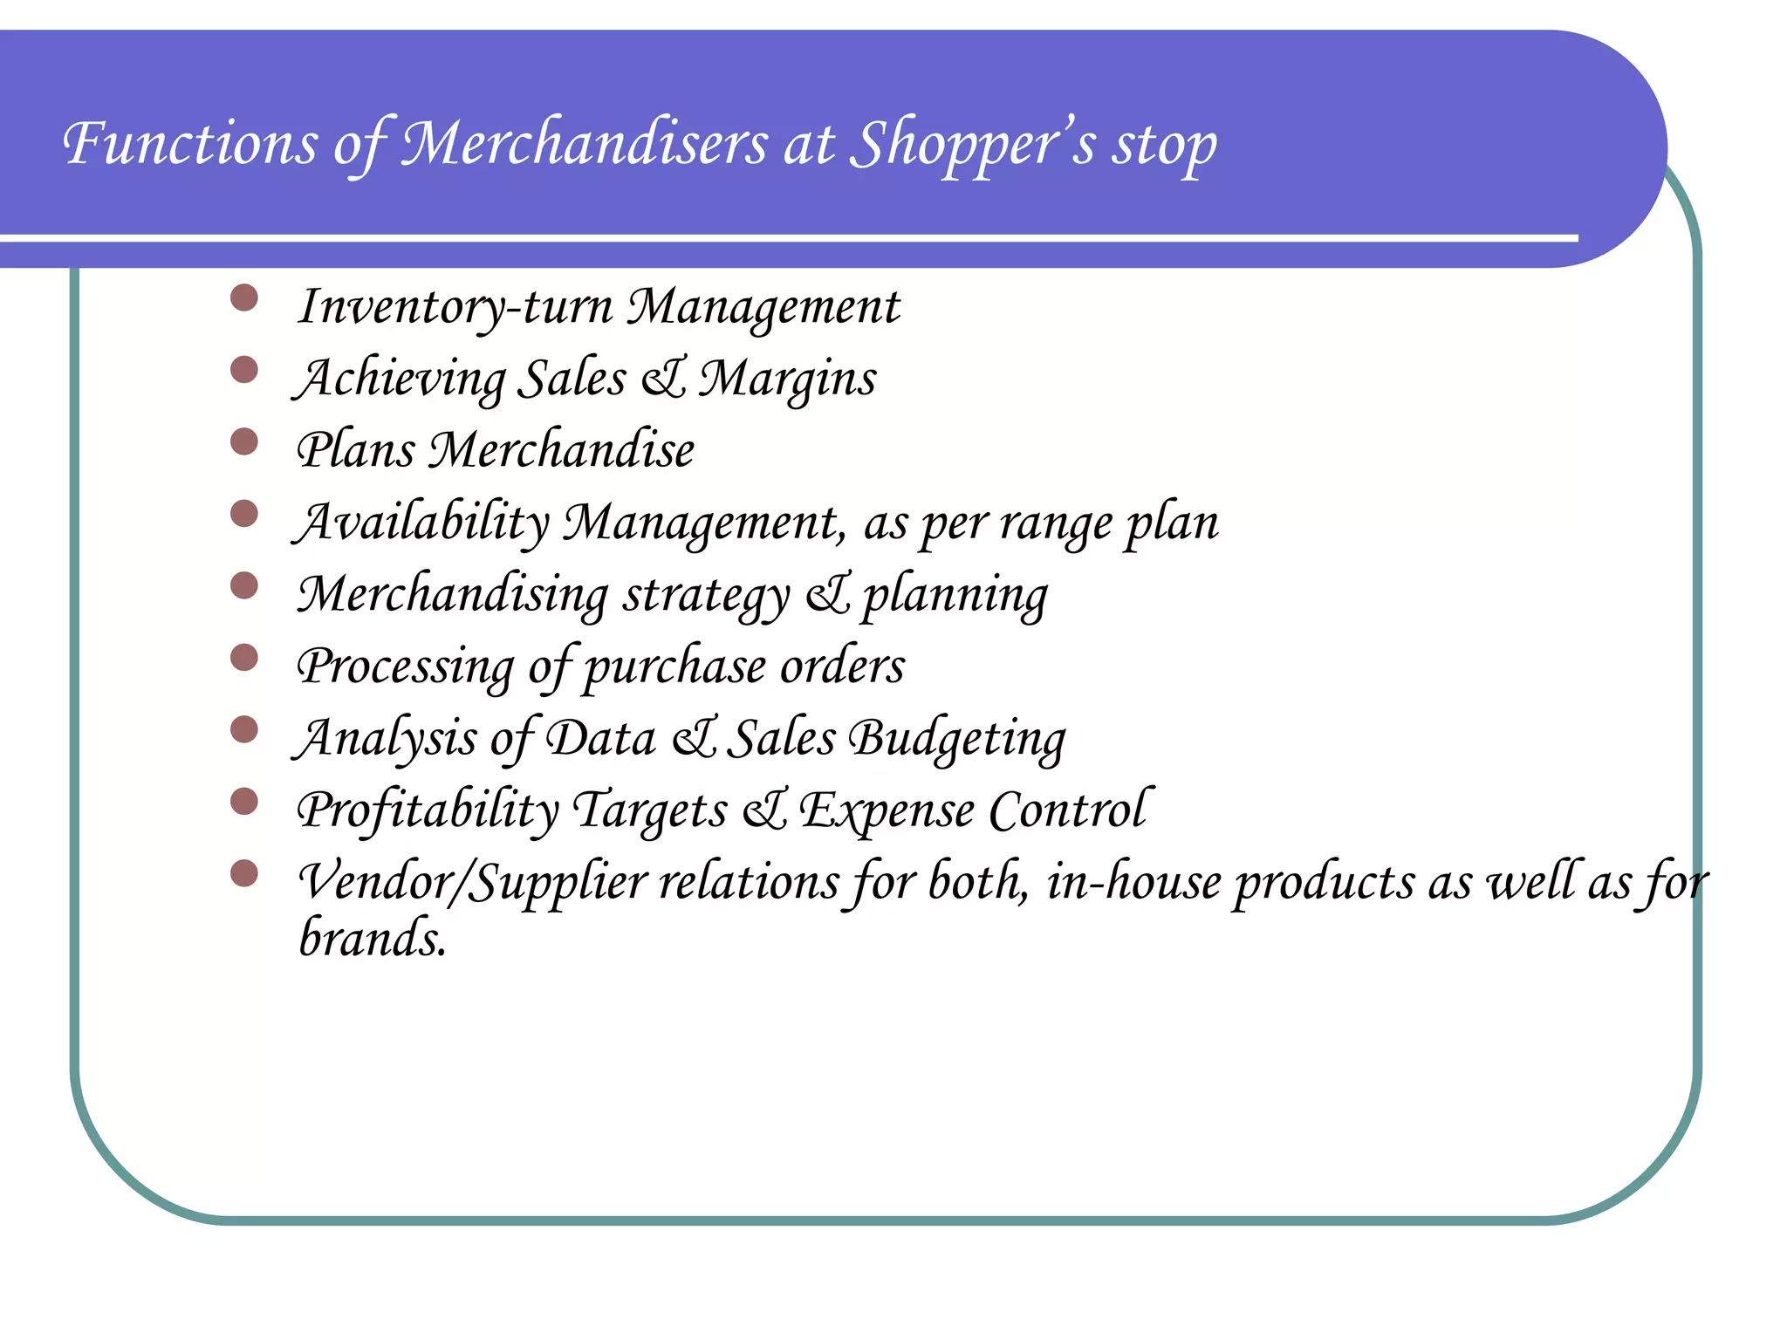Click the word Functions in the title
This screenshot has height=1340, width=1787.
(x=190, y=143)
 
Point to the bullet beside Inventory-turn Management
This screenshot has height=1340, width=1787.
(x=244, y=298)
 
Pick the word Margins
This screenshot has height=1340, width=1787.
(x=787, y=379)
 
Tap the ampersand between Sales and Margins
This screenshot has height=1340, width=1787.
(x=663, y=379)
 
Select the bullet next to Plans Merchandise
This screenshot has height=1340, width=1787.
(x=244, y=442)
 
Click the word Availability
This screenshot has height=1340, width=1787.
(x=422, y=523)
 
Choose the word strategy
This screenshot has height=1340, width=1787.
(x=706, y=596)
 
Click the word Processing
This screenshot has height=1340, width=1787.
(x=406, y=667)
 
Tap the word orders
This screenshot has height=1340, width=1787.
(x=842, y=667)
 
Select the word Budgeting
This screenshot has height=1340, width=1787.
(x=957, y=740)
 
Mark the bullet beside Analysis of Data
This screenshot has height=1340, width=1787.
(x=244, y=730)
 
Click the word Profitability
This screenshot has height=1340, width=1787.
(x=428, y=811)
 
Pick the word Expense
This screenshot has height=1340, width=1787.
(x=887, y=811)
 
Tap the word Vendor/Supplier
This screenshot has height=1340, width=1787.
(x=471, y=883)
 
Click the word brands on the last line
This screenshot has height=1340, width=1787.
(x=373, y=940)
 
